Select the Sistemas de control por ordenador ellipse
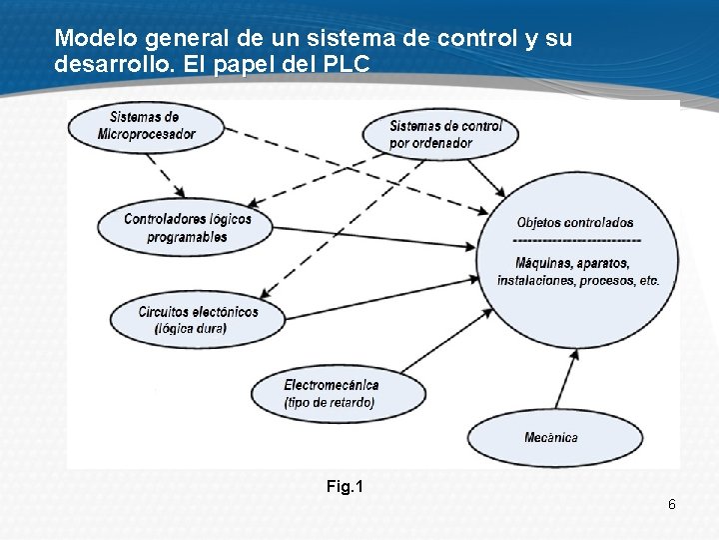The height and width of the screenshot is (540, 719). pyautogui.click(x=440, y=134)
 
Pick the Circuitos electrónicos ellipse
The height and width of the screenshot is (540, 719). pyautogui.click(x=198, y=319)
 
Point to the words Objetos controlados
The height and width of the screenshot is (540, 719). pyautogui.click(x=574, y=222)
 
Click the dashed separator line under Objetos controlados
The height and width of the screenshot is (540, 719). pyautogui.click(x=576, y=241)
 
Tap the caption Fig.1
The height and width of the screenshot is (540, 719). pyautogui.click(x=345, y=487)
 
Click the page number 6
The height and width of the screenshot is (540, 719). pyautogui.click(x=672, y=505)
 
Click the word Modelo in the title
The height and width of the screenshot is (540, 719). pyautogui.click(x=97, y=39)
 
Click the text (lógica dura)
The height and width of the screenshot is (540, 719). pyautogui.click(x=190, y=328)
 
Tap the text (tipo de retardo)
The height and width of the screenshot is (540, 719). pyautogui.click(x=329, y=403)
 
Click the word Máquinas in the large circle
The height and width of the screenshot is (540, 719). pyautogui.click(x=544, y=263)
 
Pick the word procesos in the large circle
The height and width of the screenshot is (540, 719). pyautogui.click(x=599, y=281)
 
